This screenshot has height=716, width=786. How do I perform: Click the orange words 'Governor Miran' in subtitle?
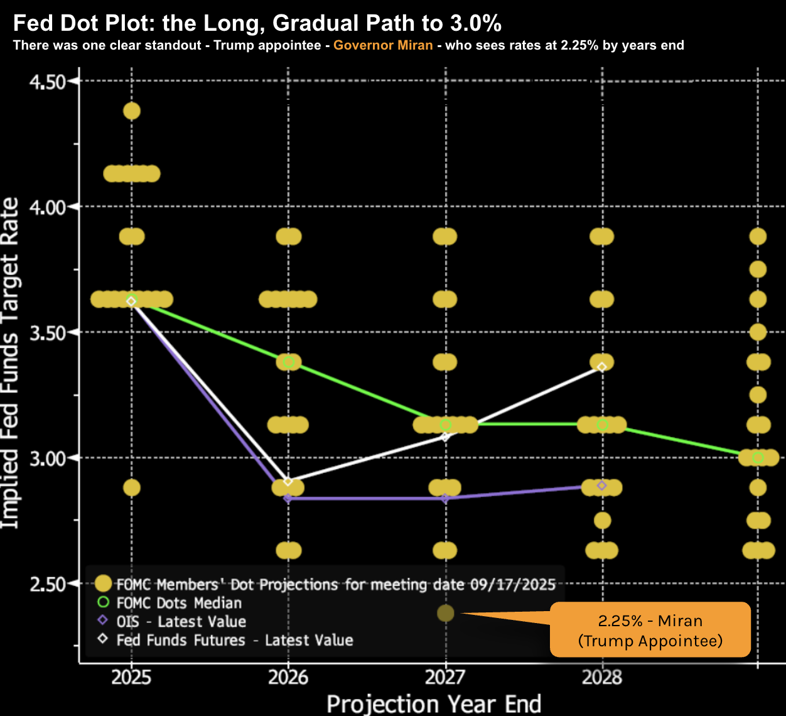coord(383,45)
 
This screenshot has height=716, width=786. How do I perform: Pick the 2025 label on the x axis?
coord(131,678)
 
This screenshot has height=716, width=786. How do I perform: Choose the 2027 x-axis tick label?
coord(445,678)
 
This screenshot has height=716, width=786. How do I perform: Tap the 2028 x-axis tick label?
coord(602,678)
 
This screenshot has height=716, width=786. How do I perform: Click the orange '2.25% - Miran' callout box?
coord(650,630)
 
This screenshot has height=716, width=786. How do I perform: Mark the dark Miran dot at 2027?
coord(445,613)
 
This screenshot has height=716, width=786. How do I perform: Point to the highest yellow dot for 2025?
coord(131,111)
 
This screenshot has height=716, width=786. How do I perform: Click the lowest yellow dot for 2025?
coord(131,487)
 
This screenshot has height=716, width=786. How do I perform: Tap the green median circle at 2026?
coord(289,362)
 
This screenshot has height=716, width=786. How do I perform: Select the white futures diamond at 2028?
coord(602,367)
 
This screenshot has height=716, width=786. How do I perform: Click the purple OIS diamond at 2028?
coord(602,485)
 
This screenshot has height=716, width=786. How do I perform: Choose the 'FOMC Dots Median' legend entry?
coord(179,603)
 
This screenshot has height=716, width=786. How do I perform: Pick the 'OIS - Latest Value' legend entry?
coord(181,622)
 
